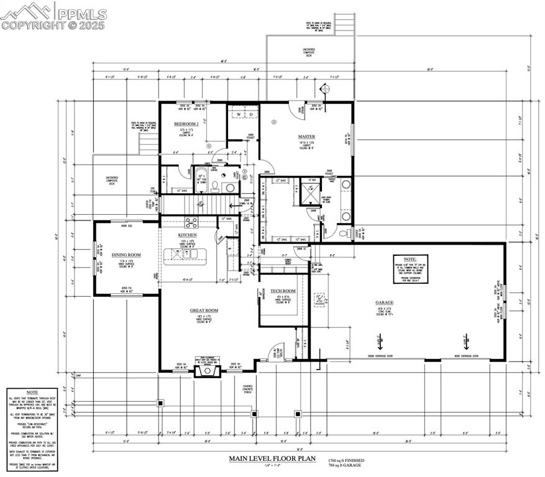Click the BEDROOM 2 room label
point(186,124)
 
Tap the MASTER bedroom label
point(306,136)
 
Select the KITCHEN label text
point(188,235)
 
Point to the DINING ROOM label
point(126,255)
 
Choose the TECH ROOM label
point(283,291)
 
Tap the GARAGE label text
point(384,303)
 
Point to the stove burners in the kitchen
point(191,222)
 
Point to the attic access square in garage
point(319,301)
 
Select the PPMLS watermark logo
point(54,16)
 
